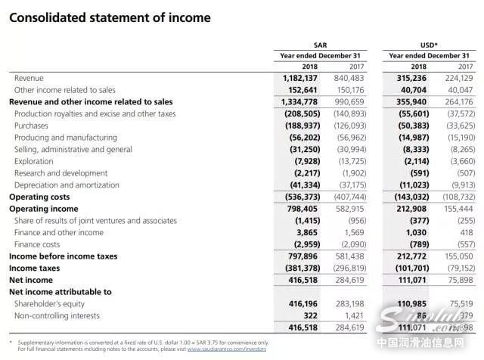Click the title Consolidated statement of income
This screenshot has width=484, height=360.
coord(110,17)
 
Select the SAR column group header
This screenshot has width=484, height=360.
coord(320,45)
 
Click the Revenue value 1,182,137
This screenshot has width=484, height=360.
coord(301,78)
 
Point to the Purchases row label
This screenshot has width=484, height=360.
coord(31,126)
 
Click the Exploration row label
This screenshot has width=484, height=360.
coord(34,161)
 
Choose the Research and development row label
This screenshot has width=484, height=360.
coord(60,173)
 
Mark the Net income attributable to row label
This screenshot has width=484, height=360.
coord(60,292)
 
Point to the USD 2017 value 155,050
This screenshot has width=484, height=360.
coord(457,256)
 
